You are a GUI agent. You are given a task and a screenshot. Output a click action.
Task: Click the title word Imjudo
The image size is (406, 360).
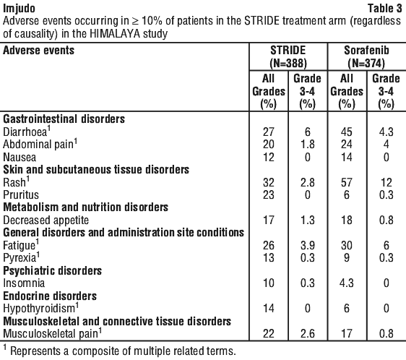point(19,9)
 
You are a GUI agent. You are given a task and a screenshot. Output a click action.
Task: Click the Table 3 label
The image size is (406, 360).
point(385,8)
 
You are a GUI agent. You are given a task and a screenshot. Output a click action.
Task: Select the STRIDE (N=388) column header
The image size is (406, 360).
point(288,57)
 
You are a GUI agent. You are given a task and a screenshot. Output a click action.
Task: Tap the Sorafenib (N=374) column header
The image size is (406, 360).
point(366,57)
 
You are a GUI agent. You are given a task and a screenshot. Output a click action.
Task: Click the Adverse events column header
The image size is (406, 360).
point(38,51)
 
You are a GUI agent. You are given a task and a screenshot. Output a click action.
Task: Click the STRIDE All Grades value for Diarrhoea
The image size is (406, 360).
point(269,132)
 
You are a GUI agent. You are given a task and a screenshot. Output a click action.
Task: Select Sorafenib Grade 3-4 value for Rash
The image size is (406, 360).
point(386,182)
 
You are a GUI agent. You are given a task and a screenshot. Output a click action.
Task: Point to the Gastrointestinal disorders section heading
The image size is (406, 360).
point(64,119)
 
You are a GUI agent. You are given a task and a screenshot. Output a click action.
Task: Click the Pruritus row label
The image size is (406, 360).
point(21,195)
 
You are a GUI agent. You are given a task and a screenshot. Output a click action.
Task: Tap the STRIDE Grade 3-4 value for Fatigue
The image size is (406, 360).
point(307,246)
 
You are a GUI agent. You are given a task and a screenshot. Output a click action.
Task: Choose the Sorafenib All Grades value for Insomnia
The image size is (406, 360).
point(347,283)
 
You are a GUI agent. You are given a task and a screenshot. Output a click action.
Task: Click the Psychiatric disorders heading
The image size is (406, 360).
point(52,270)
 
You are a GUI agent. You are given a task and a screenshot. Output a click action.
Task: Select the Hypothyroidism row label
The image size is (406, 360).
point(40,308)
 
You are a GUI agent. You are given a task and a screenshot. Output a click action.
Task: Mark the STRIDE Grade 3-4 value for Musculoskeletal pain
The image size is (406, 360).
point(307,333)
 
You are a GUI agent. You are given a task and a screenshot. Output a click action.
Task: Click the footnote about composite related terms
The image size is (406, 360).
point(120,351)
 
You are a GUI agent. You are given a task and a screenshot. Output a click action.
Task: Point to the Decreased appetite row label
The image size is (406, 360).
point(46,220)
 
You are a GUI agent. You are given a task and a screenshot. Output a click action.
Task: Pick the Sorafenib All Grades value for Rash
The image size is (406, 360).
point(347,182)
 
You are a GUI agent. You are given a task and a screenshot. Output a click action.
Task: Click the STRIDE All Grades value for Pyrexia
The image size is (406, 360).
point(269,257)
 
